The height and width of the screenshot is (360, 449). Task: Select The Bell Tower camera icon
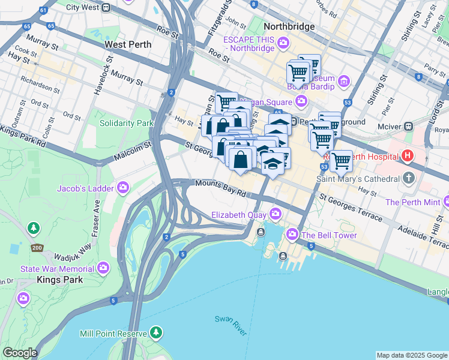(x=292, y=233)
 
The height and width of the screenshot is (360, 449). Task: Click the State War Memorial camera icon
(x=103, y=267)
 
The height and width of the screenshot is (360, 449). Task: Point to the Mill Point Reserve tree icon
(x=157, y=332)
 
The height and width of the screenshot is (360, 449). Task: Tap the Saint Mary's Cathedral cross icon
(x=409, y=178)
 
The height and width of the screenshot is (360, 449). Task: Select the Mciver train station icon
(x=408, y=127)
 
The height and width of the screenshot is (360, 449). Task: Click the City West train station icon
(x=106, y=8)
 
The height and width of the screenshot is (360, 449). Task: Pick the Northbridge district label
(x=289, y=27)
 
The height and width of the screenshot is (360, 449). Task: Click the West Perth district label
(x=129, y=44)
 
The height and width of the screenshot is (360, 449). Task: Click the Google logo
(x=20, y=353)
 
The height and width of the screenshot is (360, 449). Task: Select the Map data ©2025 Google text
(x=411, y=355)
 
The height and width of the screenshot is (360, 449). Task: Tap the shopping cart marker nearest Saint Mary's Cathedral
(x=341, y=161)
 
